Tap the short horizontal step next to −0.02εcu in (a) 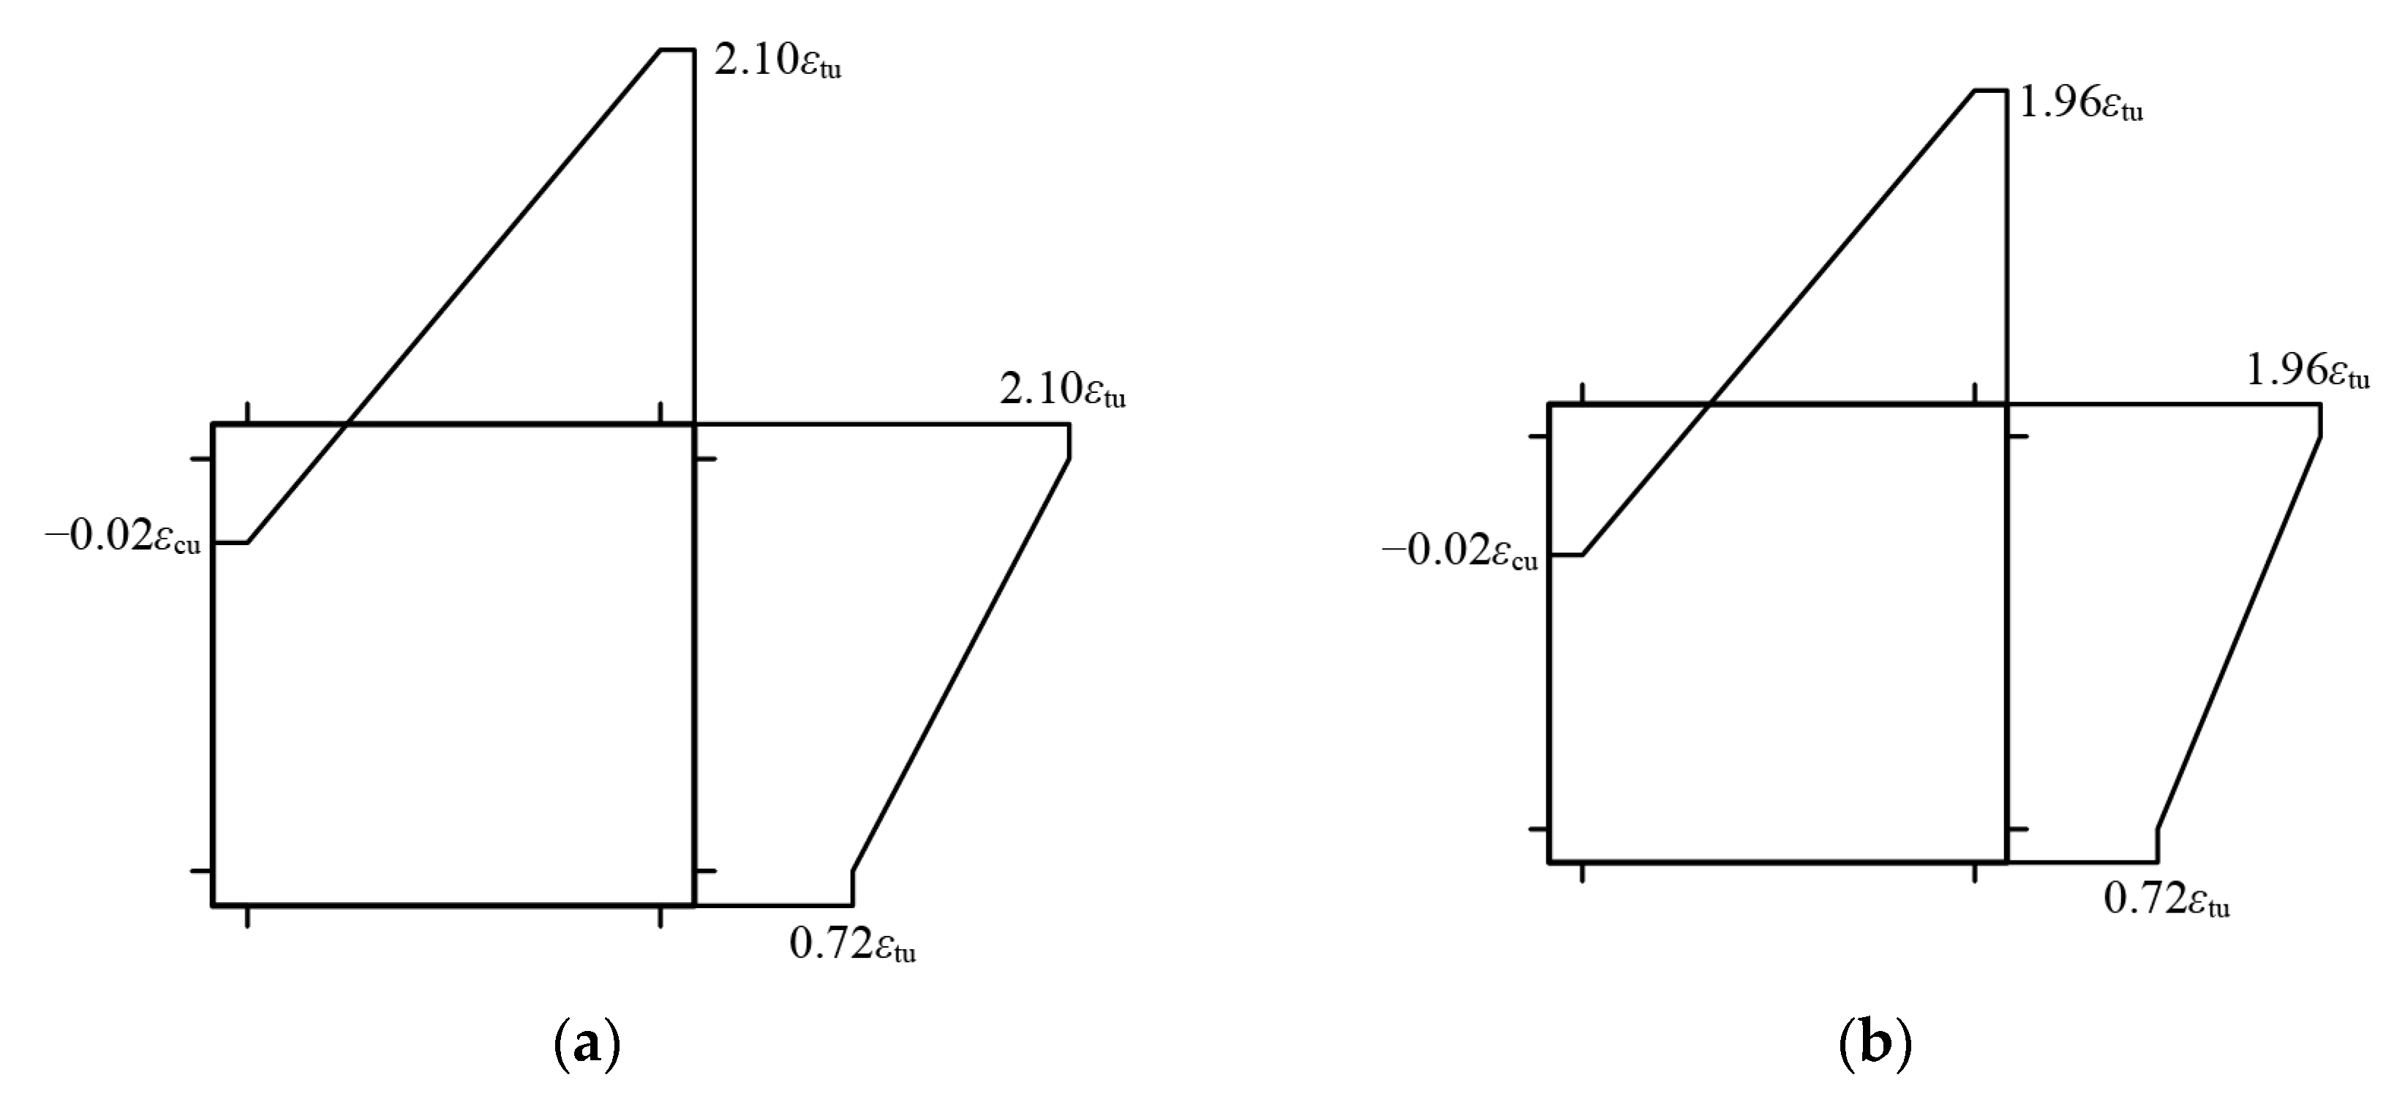(x=230, y=542)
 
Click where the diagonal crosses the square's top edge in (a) (x=346, y=424)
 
